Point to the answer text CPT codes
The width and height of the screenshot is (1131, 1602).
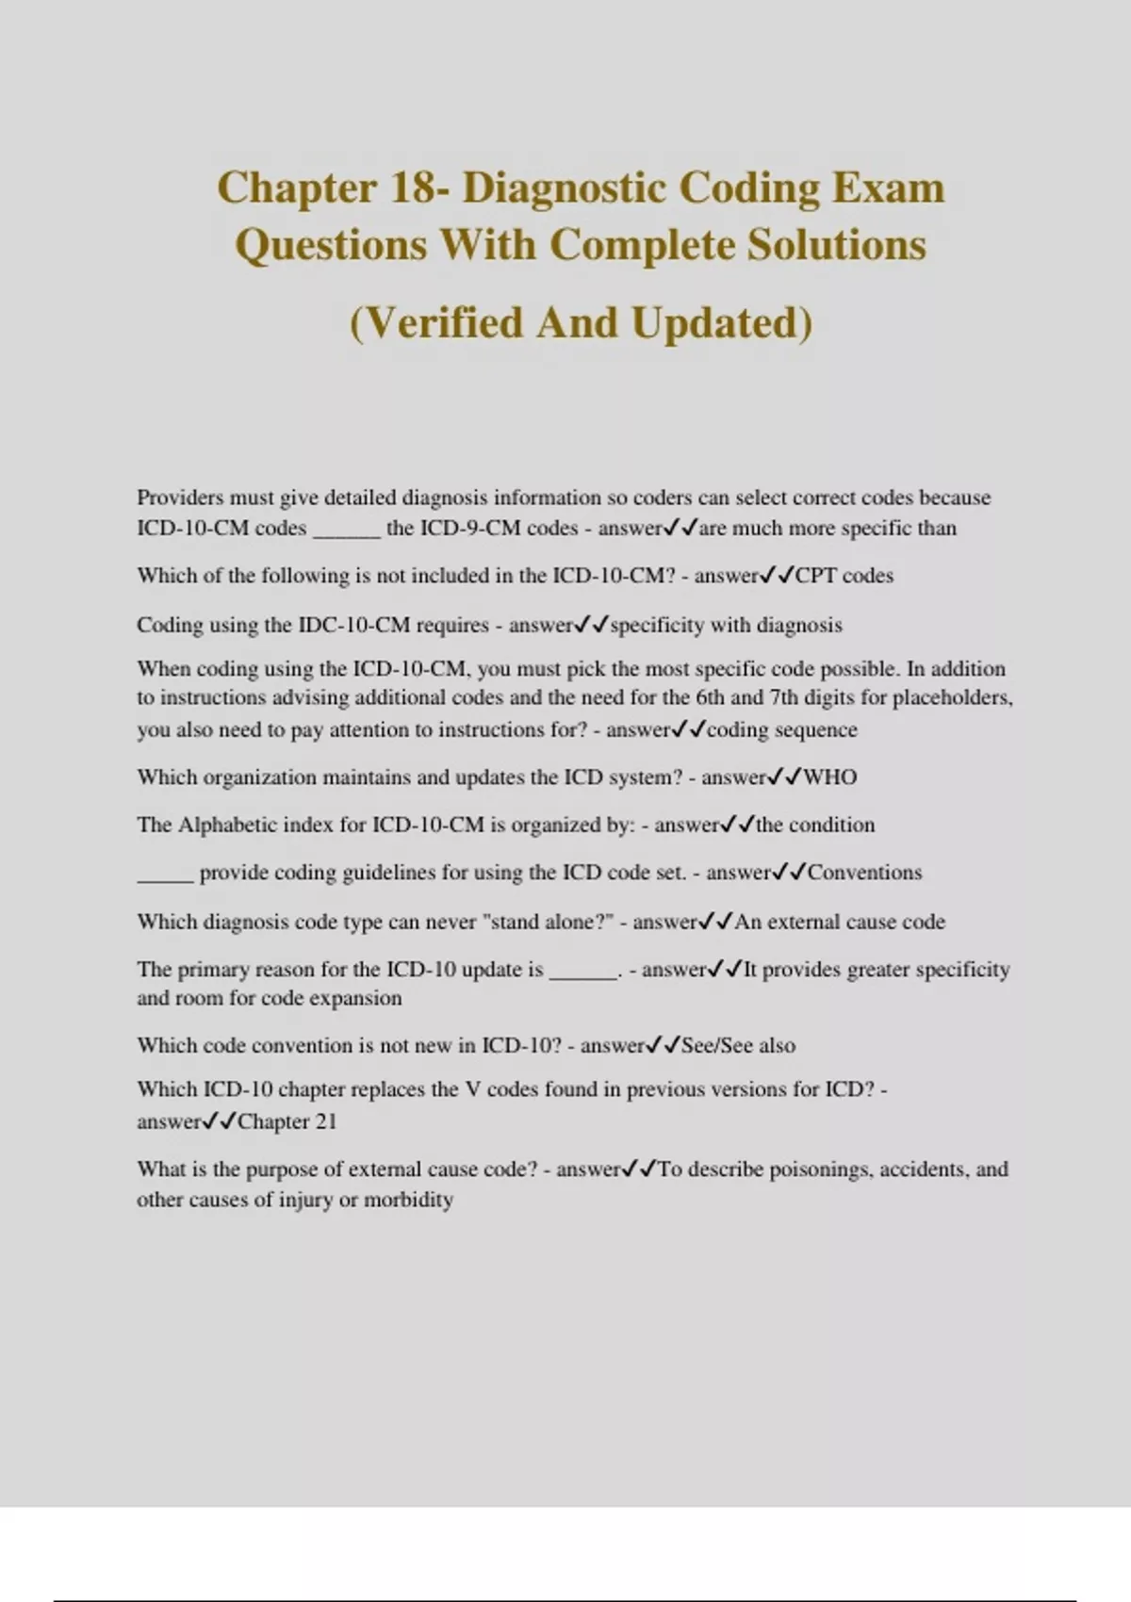tap(844, 576)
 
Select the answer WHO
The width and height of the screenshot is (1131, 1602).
tap(830, 777)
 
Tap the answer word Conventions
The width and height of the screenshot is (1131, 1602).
tap(864, 873)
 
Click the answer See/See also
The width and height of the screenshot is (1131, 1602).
tap(738, 1046)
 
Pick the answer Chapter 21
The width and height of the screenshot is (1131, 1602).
tap(287, 1121)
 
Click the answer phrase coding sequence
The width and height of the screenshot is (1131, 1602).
tap(782, 730)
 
